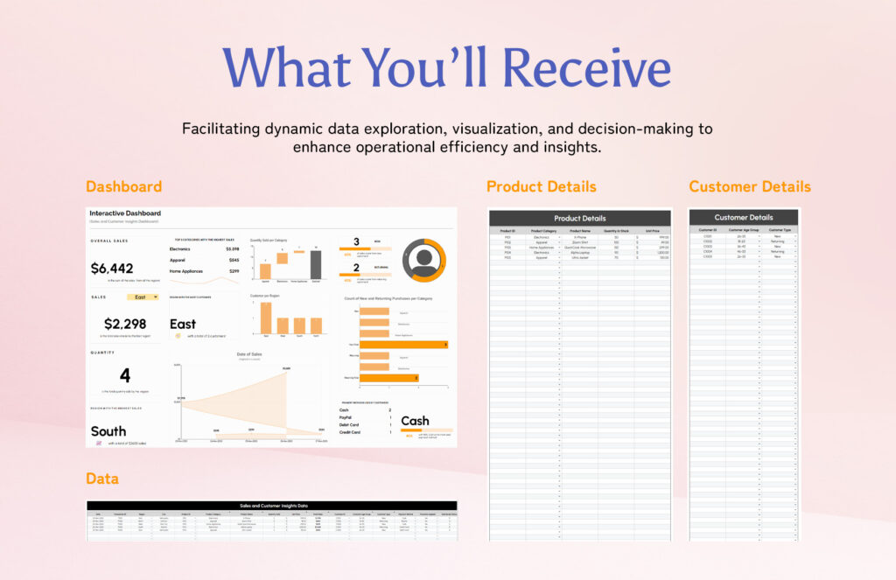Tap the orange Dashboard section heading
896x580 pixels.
tap(123, 186)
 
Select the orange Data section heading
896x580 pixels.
tap(102, 479)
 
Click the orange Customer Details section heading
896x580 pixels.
tap(750, 186)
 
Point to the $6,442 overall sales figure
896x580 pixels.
tap(112, 269)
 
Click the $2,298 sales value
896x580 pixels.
tap(124, 324)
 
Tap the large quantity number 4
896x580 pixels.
tap(125, 376)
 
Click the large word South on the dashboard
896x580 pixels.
tap(108, 431)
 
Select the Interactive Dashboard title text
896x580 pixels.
tap(125, 213)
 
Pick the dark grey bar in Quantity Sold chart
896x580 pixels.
tap(316, 265)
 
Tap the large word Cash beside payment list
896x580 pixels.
tap(415, 422)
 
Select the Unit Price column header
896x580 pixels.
tap(652, 230)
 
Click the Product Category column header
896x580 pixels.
tap(543, 230)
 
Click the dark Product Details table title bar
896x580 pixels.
tap(579, 218)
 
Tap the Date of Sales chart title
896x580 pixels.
tap(249, 354)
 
